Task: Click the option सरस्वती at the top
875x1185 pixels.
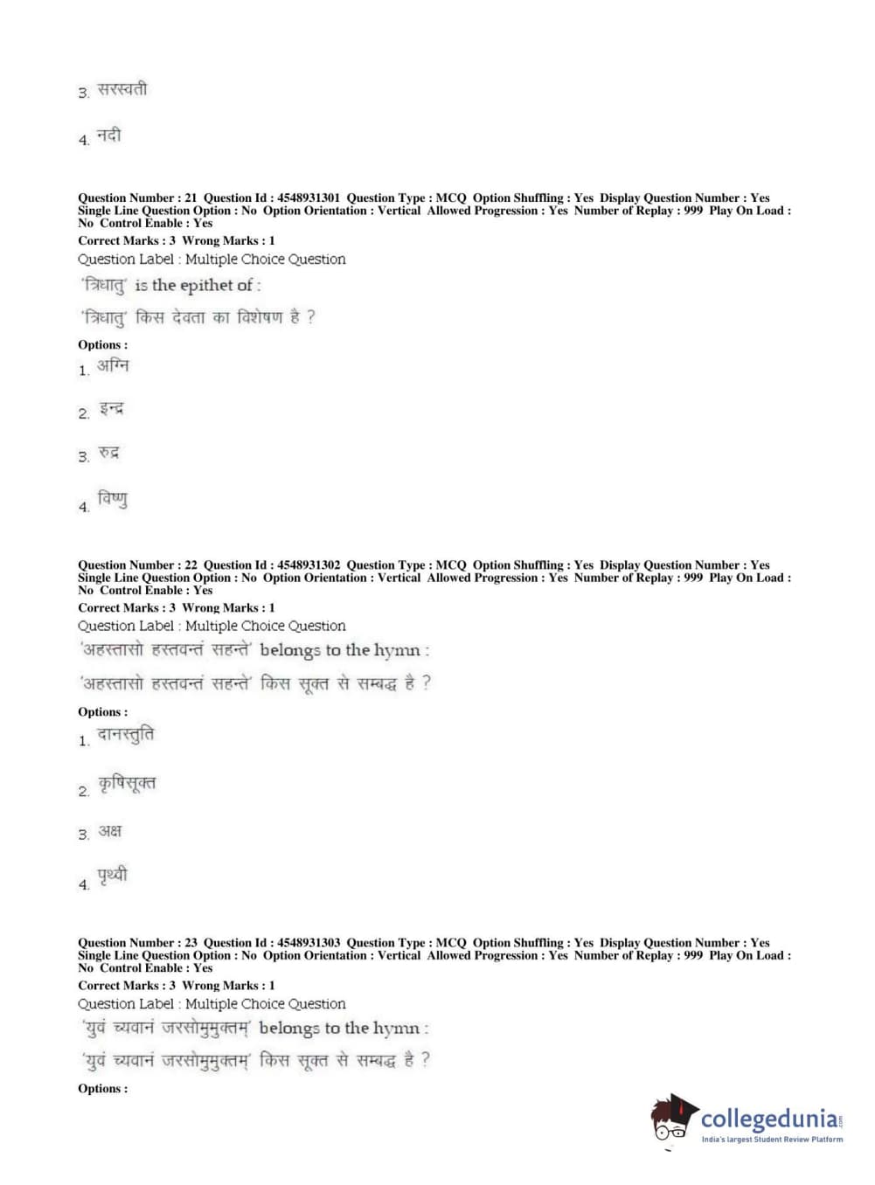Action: tap(122, 89)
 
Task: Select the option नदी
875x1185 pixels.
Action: tap(109, 135)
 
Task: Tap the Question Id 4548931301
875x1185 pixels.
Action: tap(309, 198)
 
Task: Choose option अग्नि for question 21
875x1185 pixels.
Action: tap(113, 366)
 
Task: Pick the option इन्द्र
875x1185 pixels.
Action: tap(111, 409)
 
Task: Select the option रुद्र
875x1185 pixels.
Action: tap(109, 453)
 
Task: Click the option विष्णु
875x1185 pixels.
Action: tap(113, 500)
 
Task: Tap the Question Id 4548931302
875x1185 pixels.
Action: tap(309, 565)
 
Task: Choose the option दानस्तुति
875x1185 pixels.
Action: tap(126, 736)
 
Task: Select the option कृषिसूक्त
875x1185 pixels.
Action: tap(127, 784)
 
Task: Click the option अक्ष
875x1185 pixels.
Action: tap(110, 830)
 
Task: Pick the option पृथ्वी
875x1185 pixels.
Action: tap(113, 875)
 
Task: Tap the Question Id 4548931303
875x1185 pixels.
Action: tap(309, 943)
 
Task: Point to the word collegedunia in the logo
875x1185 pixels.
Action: tap(768, 1119)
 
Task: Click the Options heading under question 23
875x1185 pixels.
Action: tap(102, 1089)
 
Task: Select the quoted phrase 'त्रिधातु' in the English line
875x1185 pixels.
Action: tap(104, 286)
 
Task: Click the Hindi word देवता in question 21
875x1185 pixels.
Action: tap(189, 317)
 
